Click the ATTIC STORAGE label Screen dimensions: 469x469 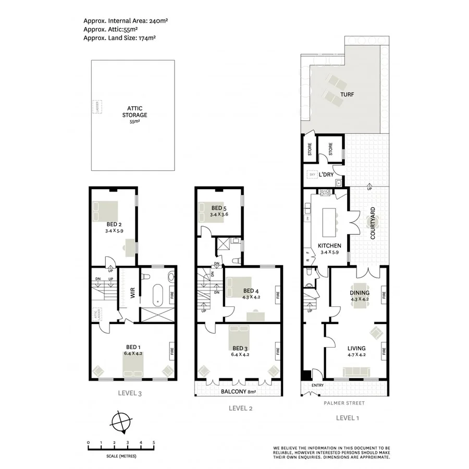[x=134, y=112]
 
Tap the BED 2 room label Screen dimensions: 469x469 [x=109, y=225]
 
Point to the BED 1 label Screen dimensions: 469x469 [x=132, y=347]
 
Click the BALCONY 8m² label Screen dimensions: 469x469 [x=238, y=391]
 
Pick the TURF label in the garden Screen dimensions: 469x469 [x=348, y=95]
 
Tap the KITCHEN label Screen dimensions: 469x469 [x=329, y=245]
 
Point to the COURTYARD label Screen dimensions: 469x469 [x=373, y=223]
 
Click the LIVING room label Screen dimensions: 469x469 [x=356, y=348]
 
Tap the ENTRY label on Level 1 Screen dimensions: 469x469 [x=317, y=386]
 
